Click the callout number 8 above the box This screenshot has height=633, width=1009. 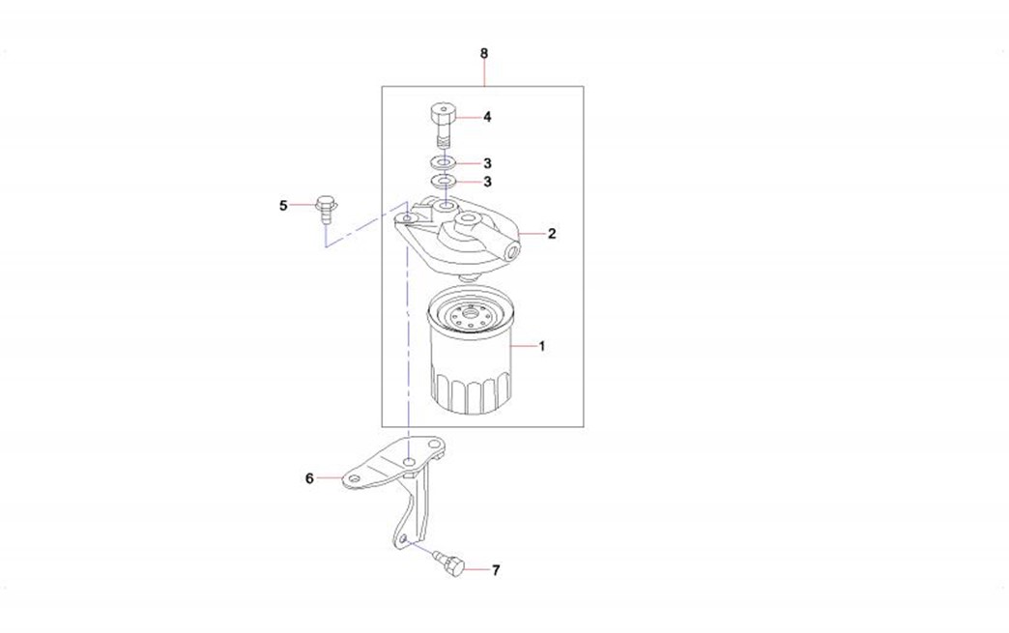click(x=484, y=53)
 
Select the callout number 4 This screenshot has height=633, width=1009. click(x=487, y=117)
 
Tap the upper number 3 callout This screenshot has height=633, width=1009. click(x=487, y=163)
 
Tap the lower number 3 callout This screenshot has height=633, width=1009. click(x=487, y=182)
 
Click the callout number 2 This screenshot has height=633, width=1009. click(x=552, y=234)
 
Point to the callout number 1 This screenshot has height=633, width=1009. click(x=542, y=346)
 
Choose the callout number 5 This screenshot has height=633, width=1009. click(x=283, y=206)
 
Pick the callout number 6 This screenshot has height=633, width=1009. click(x=309, y=478)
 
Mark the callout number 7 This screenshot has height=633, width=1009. click(x=496, y=570)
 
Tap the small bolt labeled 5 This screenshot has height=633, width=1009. click(x=327, y=209)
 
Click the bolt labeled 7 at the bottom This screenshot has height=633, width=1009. click(x=449, y=561)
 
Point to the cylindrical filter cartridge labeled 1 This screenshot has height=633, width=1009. click(x=471, y=351)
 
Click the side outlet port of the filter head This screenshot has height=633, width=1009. click(x=512, y=251)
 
